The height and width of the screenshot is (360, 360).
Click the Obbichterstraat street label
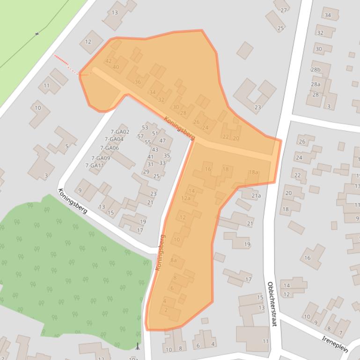[272, 304]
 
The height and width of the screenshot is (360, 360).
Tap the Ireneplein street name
[336, 340]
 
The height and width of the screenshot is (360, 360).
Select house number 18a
[253, 172]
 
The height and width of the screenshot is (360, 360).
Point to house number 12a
[186, 198]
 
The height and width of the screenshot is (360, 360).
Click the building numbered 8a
[173, 260]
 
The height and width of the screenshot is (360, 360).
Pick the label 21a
[256, 196]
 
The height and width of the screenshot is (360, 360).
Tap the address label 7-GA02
[119, 132]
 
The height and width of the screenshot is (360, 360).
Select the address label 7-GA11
[94, 166]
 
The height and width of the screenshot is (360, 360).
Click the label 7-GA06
[110, 148]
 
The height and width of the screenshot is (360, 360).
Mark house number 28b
[316, 70]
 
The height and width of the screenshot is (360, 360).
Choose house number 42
[109, 61]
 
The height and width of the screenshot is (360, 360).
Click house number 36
[138, 82]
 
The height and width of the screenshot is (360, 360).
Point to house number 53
[145, 128]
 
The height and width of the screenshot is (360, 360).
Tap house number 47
[162, 140]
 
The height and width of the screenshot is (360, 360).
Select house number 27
[284, 10]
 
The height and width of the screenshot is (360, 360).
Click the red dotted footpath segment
[66, 64]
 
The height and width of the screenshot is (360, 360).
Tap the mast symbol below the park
[137, 346]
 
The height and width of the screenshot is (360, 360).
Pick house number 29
[146, 172]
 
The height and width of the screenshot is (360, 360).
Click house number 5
[67, 146]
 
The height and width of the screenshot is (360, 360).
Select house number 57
[140, 136]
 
